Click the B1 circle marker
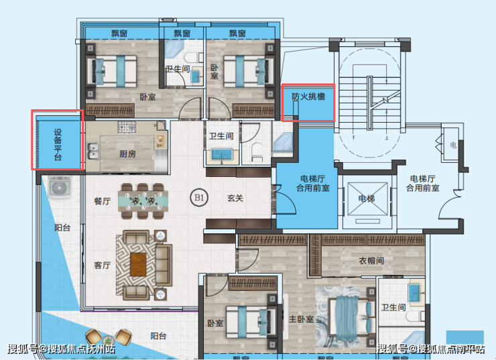tap(199, 198)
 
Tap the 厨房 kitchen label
tap(127, 154)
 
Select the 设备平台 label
tap(58, 145)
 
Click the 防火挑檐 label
tap(308, 96)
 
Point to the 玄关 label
tap(235, 198)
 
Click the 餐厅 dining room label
tap(102, 201)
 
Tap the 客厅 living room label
tap(102, 265)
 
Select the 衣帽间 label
tap(371, 261)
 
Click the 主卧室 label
tap(301, 319)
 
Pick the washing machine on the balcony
tap(59, 187)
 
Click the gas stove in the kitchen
tap(127, 127)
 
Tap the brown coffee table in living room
tap(138, 264)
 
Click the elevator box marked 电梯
tap(367, 199)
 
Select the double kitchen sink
tap(93, 152)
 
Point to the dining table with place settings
tap(143, 201)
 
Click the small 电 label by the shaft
tap(453, 145)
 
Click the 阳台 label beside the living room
tap(62, 227)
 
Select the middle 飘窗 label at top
tap(182, 34)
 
